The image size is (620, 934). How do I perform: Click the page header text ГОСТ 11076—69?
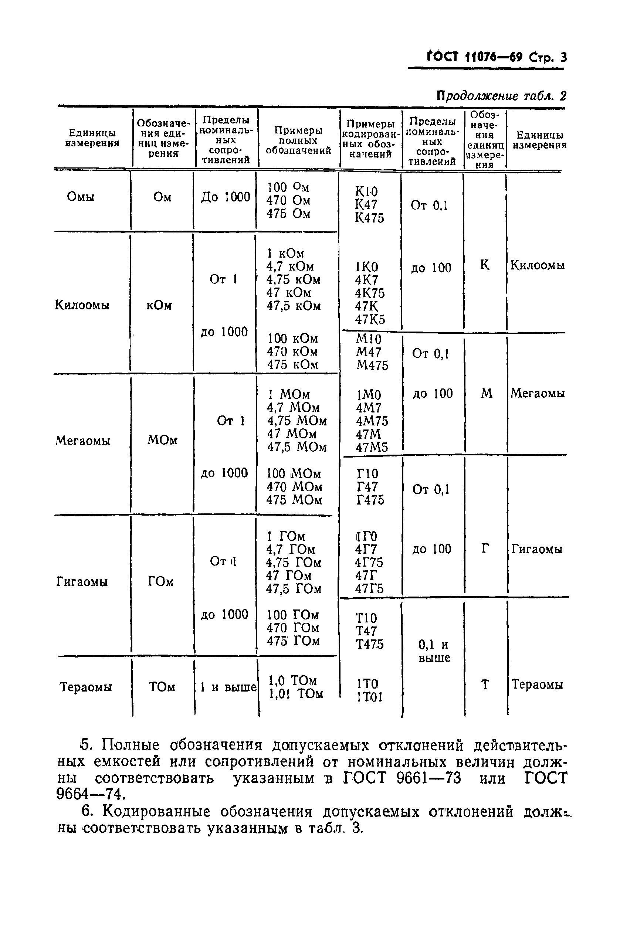coord(475,58)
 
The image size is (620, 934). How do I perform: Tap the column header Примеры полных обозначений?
coord(298,141)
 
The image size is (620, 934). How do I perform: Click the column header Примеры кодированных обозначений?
coord(370,139)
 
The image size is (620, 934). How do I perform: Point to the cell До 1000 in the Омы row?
coord(226,197)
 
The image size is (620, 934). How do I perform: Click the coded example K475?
coord(369,218)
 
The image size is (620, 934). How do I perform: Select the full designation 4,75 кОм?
coord(293,279)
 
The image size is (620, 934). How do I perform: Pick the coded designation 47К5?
coord(370,319)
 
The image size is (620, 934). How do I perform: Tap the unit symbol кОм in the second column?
coord(159,306)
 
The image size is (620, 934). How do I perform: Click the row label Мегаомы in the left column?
coord(83,440)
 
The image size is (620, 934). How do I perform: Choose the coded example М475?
coord(372,365)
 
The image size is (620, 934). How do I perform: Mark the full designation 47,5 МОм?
coord(297,447)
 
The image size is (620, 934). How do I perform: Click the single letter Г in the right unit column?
coord(485,548)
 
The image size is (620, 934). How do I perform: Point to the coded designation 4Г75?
coord(369,562)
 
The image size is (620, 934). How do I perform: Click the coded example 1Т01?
coord(369,697)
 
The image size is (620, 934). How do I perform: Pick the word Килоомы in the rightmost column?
coord(537,265)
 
